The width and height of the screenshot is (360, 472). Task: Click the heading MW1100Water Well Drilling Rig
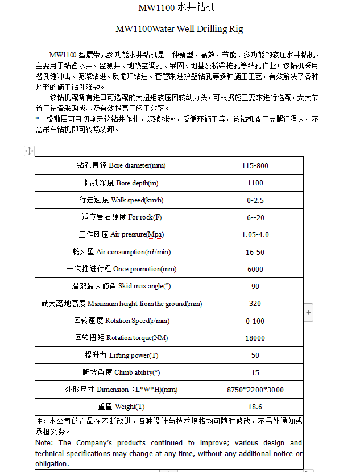coord(179,28)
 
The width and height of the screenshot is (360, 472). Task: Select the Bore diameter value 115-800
coord(255,165)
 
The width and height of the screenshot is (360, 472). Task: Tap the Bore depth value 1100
coord(255,183)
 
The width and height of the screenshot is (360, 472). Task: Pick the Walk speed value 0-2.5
coord(255,200)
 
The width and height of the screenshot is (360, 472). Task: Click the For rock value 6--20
coord(255,217)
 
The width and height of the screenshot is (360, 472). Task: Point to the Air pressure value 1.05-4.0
coord(255,234)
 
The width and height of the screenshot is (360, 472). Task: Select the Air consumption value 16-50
coord(255,252)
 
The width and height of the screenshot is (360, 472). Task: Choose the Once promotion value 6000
coord(255,269)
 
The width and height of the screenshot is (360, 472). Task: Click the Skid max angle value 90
coord(255,286)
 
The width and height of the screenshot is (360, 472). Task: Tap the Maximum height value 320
coord(255,304)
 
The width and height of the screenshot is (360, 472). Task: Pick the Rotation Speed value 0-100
coord(255,321)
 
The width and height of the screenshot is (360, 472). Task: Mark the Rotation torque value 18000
coord(255,338)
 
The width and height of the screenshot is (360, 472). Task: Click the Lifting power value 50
coord(255,355)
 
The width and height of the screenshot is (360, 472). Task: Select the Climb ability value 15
coord(255,373)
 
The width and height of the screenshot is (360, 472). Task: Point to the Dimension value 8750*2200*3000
coord(255,390)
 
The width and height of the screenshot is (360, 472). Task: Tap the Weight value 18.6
coord(255,407)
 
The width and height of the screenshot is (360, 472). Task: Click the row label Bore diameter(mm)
coord(121,165)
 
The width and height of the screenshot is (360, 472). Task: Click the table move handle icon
coord(29,151)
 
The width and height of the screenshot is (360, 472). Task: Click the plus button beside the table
coord(308,312)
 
